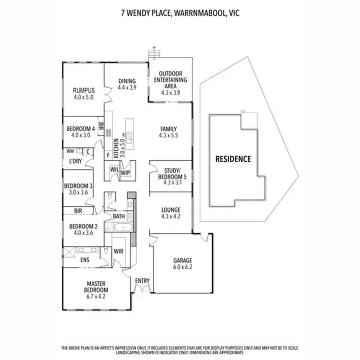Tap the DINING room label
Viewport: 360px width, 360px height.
(127, 81)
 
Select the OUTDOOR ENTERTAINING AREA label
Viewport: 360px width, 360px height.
(170, 80)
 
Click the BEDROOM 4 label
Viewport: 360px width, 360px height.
(80, 129)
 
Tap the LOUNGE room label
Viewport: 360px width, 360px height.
(170, 210)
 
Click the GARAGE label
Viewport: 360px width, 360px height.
(182, 261)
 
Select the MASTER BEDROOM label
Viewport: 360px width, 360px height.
(97, 287)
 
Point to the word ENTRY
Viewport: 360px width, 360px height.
(143, 280)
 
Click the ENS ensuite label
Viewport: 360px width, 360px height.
(84, 260)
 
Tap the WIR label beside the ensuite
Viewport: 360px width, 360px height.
(119, 251)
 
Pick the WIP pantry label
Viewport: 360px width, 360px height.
(125, 172)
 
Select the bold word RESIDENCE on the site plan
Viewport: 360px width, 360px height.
(233, 159)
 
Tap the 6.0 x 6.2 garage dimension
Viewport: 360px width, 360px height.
(182, 267)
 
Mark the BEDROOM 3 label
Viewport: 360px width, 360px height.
(78, 186)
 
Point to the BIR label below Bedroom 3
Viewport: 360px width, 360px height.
(77, 210)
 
